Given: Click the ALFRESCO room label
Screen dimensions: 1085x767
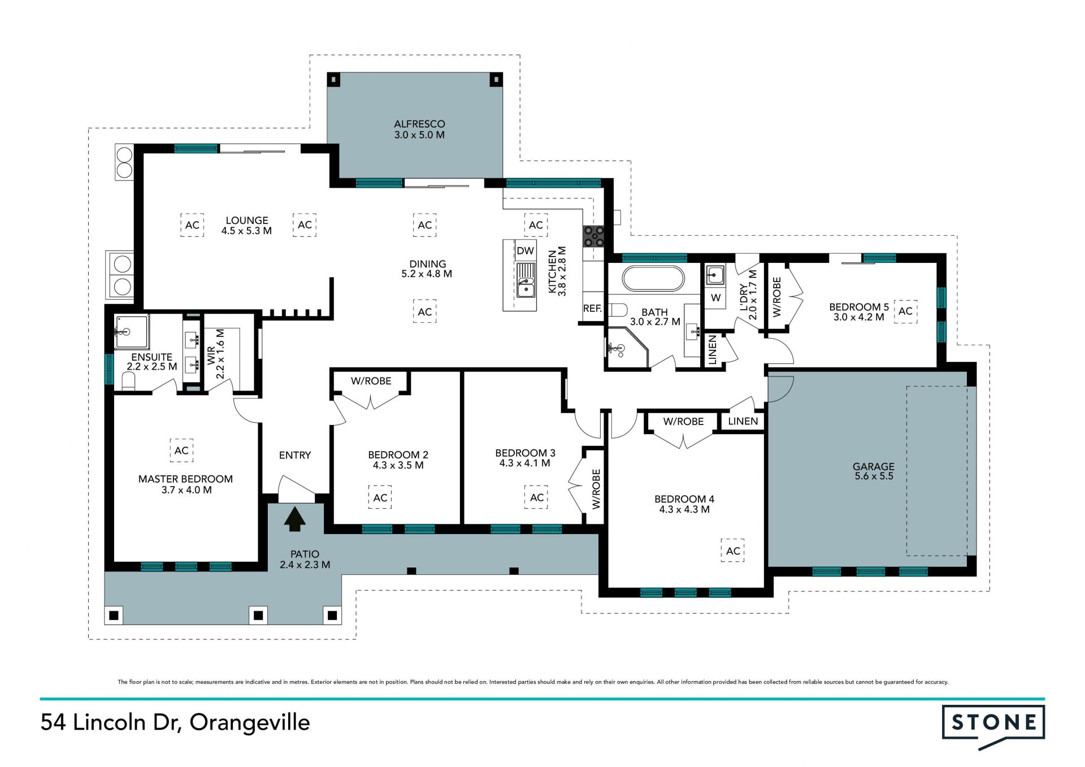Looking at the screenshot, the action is coord(419,124).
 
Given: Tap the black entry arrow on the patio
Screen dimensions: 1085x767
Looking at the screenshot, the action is coord(294,519).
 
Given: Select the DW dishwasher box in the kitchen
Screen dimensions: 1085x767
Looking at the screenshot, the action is coord(525,250).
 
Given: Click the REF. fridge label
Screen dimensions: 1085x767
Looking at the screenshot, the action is coord(592,309).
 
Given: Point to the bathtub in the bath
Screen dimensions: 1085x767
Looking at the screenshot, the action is coord(653,278).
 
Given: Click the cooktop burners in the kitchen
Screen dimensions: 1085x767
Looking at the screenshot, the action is coord(594,236).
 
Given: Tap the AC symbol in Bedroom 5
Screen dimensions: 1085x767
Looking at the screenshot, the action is coord(905,311).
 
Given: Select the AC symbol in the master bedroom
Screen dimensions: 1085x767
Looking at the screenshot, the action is coord(181,450).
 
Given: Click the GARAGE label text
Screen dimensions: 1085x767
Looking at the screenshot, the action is coord(874,466).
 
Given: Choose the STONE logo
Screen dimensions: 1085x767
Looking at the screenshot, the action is coord(993,725).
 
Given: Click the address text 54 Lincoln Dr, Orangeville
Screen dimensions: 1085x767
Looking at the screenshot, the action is coord(175,723).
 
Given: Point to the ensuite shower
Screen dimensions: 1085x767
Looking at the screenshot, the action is coord(132,332).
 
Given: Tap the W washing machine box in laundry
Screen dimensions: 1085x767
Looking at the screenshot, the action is coord(716,297).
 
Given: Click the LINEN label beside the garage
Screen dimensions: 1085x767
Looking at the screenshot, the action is coord(743,421).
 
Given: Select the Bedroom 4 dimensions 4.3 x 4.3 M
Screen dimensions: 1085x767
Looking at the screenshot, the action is coord(684,509).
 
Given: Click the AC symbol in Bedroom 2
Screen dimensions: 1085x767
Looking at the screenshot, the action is coord(380,497).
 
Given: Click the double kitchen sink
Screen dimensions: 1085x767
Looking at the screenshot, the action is coord(526,282).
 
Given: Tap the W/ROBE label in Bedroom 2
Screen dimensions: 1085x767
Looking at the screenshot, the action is coord(371,381).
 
